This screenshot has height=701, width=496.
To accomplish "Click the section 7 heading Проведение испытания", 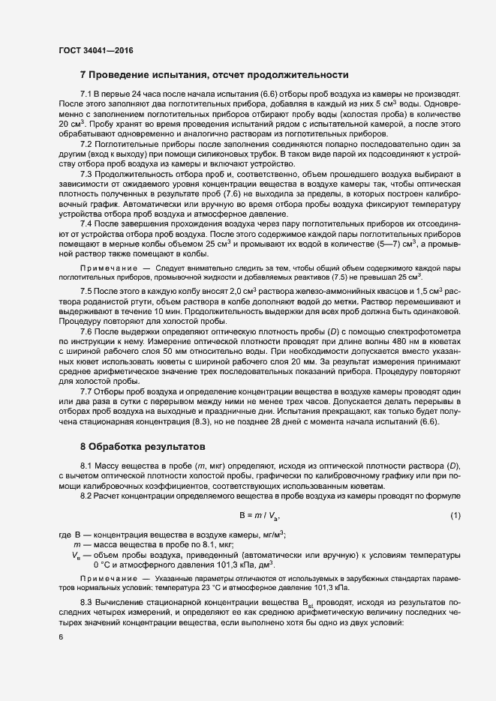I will [x=214, y=75].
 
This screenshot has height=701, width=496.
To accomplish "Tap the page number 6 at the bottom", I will [x=60, y=637].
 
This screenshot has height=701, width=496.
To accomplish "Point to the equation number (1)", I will [x=455, y=516].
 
